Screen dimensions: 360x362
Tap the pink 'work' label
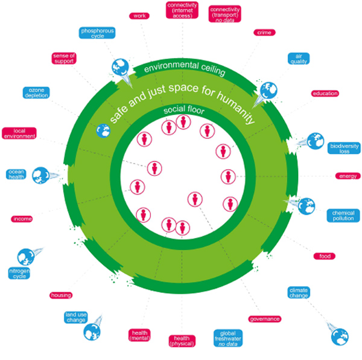point(140,16)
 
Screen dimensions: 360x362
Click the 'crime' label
point(263,33)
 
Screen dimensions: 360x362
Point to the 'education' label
point(325,94)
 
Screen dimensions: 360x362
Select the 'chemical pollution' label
point(343,215)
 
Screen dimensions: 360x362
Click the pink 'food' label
point(323,256)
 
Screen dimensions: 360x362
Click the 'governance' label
point(264,318)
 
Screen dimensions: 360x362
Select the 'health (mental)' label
point(139,336)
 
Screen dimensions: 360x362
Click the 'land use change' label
point(78,318)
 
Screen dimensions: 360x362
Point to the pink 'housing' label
point(61,295)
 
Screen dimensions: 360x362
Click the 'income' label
point(22,219)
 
